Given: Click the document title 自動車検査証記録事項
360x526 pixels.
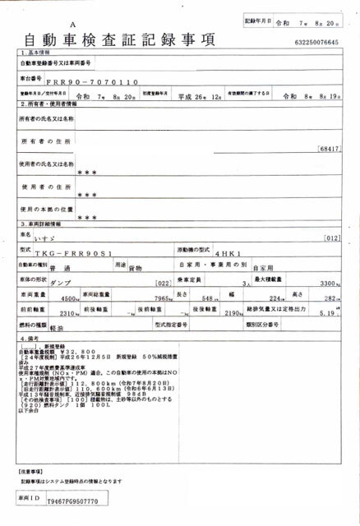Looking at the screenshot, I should pos(120,39).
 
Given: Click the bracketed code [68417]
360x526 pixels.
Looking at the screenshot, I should pos(328,148).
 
